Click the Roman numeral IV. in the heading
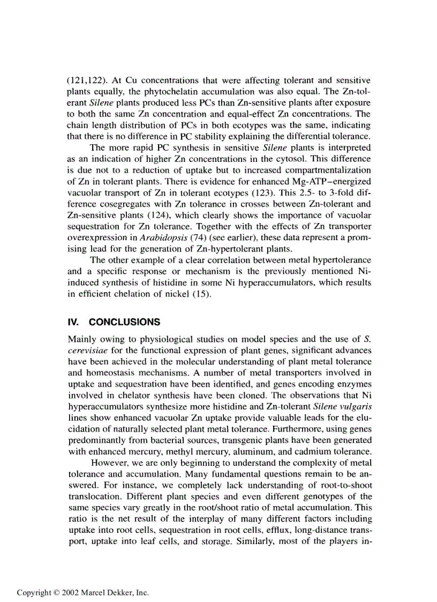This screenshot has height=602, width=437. (x=74, y=322)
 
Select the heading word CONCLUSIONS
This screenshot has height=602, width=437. (x=124, y=322)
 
